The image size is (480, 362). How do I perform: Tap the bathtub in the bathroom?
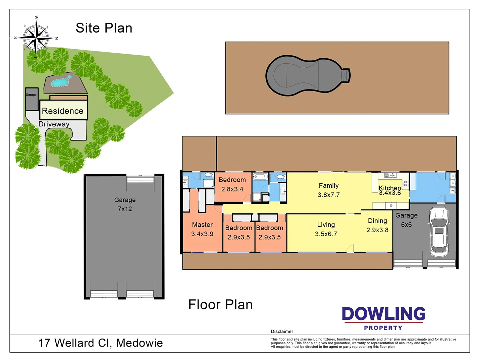pyautogui.click(x=260, y=177)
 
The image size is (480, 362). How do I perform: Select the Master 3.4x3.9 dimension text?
pyautogui.click(x=202, y=234)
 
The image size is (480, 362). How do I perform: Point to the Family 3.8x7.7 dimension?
pyautogui.click(x=329, y=195)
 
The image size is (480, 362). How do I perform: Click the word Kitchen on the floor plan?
pyautogui.click(x=389, y=188)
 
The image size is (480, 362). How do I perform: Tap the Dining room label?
pyautogui.click(x=377, y=221)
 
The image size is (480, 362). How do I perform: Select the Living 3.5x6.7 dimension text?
pyautogui.click(x=326, y=234)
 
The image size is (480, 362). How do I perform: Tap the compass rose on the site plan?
pyautogui.click(x=36, y=36)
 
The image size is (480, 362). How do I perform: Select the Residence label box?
pyautogui.click(x=63, y=111)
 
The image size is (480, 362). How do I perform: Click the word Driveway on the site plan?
pyautogui.click(x=54, y=124)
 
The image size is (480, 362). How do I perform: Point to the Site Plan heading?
pyautogui.click(x=104, y=28)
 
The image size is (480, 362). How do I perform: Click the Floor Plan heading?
pyautogui.click(x=220, y=305)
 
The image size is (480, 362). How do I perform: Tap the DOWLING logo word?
pyautogui.click(x=383, y=314)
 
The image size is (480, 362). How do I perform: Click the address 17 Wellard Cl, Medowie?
pyautogui.click(x=101, y=343)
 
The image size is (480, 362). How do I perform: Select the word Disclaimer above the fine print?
pyautogui.click(x=282, y=331)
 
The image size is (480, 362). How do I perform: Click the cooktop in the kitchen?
pyautogui.click(x=406, y=183)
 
